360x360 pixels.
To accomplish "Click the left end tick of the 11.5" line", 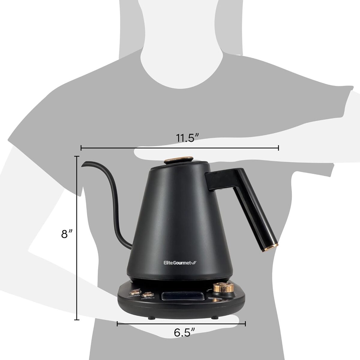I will tap(81, 148).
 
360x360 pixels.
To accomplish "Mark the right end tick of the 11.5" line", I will tap(279, 148).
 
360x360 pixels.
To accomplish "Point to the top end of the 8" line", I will tap(77, 156).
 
